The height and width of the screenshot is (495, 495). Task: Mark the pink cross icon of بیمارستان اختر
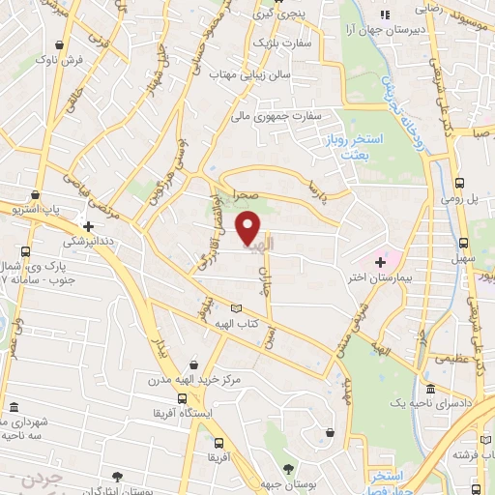click(380, 261)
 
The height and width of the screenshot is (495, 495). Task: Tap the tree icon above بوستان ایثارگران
click(117, 476)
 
